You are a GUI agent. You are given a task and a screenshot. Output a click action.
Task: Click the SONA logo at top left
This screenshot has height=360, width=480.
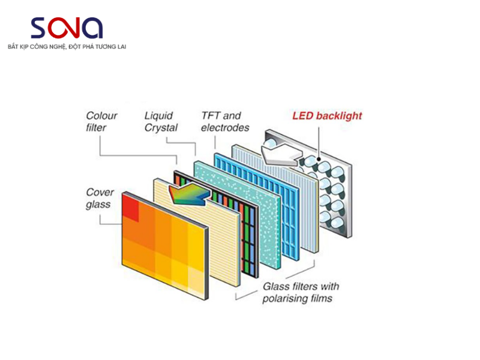(x=67, y=28)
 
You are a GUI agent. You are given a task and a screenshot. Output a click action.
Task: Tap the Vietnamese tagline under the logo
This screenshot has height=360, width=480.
(x=67, y=46)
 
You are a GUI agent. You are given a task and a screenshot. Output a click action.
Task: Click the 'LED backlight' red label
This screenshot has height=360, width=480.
(x=327, y=116)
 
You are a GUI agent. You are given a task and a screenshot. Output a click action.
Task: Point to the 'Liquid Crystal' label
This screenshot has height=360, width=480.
(x=161, y=122)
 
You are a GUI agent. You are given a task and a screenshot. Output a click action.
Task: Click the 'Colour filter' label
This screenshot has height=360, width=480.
(x=101, y=122)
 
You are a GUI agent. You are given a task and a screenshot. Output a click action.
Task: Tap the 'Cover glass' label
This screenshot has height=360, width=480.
(x=100, y=199)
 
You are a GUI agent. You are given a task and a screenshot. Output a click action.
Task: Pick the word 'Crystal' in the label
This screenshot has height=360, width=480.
(x=161, y=128)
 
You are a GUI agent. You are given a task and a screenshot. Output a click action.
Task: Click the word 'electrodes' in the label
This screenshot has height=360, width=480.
(x=224, y=128)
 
